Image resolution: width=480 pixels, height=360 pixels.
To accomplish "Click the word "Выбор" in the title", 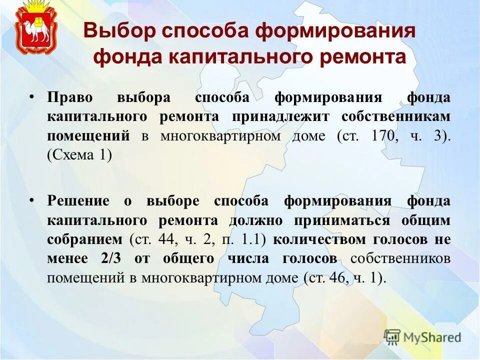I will pos(116,31).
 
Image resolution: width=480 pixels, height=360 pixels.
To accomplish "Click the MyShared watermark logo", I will pos(422,337).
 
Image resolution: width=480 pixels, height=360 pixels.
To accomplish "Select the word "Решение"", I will pos(78,201).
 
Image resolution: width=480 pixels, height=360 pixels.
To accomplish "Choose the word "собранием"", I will pos(84,239).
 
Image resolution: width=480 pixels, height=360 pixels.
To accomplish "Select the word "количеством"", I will pos(316,239).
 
